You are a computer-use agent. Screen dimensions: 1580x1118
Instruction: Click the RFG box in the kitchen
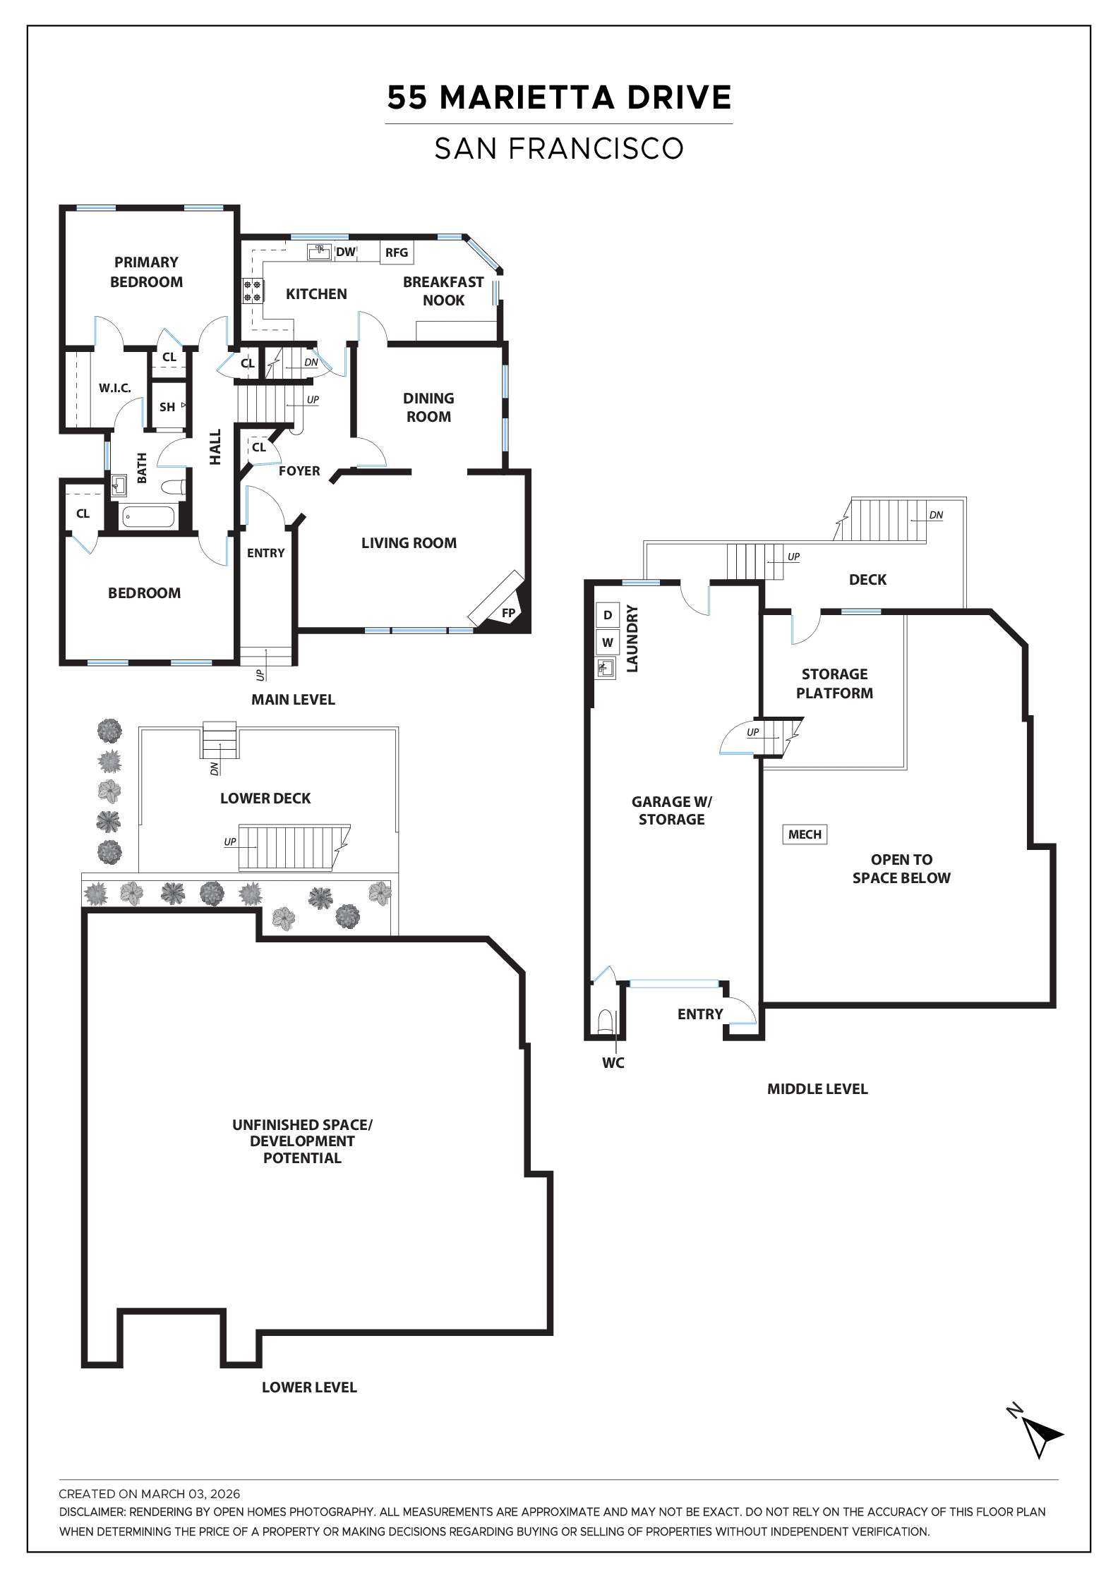[x=397, y=253]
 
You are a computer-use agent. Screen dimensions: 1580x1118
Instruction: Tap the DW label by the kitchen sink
[x=346, y=252]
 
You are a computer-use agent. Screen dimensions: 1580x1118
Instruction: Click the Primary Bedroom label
[x=146, y=272]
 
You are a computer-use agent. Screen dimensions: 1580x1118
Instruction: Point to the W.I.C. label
[x=114, y=388]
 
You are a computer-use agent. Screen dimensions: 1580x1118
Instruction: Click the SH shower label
[x=167, y=407]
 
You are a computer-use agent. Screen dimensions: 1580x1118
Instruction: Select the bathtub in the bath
[x=148, y=517]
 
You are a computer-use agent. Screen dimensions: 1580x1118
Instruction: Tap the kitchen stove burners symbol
[x=252, y=291]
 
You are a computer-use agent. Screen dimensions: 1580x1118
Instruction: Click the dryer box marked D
[x=607, y=615]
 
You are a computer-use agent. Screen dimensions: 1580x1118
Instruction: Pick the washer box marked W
[x=607, y=643]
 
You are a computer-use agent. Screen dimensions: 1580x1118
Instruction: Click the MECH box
[x=805, y=834]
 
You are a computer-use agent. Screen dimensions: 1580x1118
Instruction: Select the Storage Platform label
[x=834, y=683]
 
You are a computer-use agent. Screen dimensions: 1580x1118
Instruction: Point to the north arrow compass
[x=1040, y=1435]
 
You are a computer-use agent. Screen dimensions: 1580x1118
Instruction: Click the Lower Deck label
[x=265, y=798]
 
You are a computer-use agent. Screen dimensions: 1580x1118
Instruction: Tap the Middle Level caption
[x=817, y=1089]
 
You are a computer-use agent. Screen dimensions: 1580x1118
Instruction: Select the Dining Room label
[x=428, y=408]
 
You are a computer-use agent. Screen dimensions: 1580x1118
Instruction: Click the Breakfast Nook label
[x=443, y=291]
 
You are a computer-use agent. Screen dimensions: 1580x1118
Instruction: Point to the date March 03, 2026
[x=191, y=1494]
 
